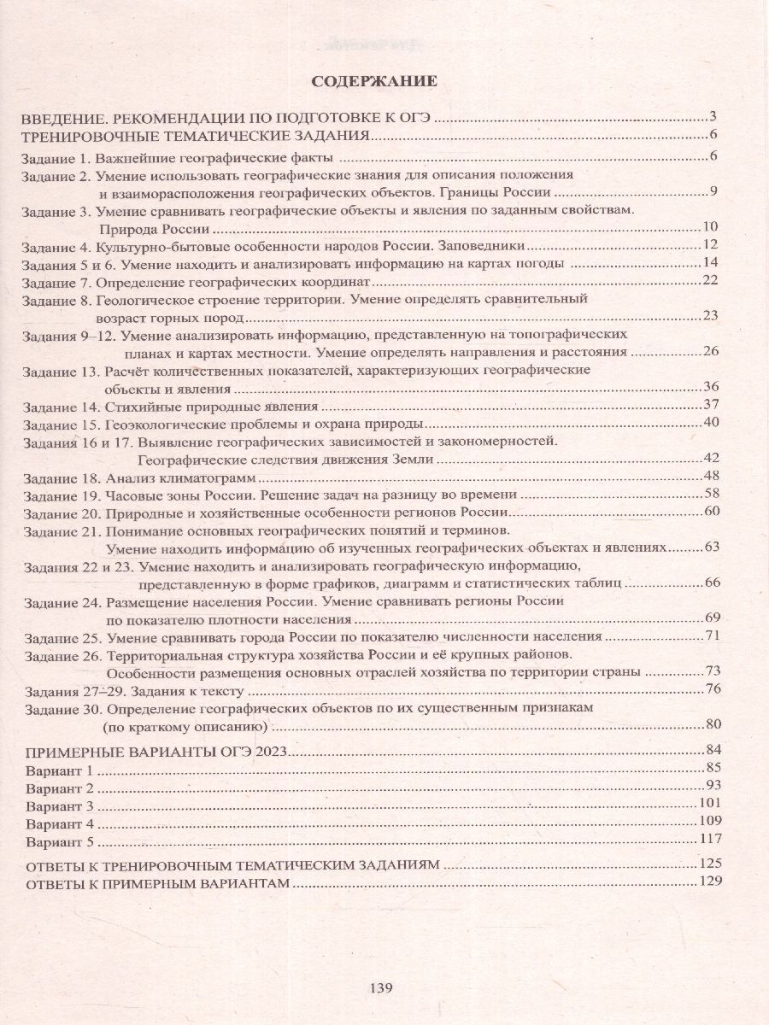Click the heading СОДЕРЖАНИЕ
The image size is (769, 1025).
coord(374,82)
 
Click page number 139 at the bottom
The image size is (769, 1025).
coord(381,988)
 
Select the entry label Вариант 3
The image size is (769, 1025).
coord(58,805)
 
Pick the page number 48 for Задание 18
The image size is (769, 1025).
coord(714,475)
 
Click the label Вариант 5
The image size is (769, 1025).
coord(58,841)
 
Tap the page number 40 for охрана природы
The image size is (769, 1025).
coord(714,423)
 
